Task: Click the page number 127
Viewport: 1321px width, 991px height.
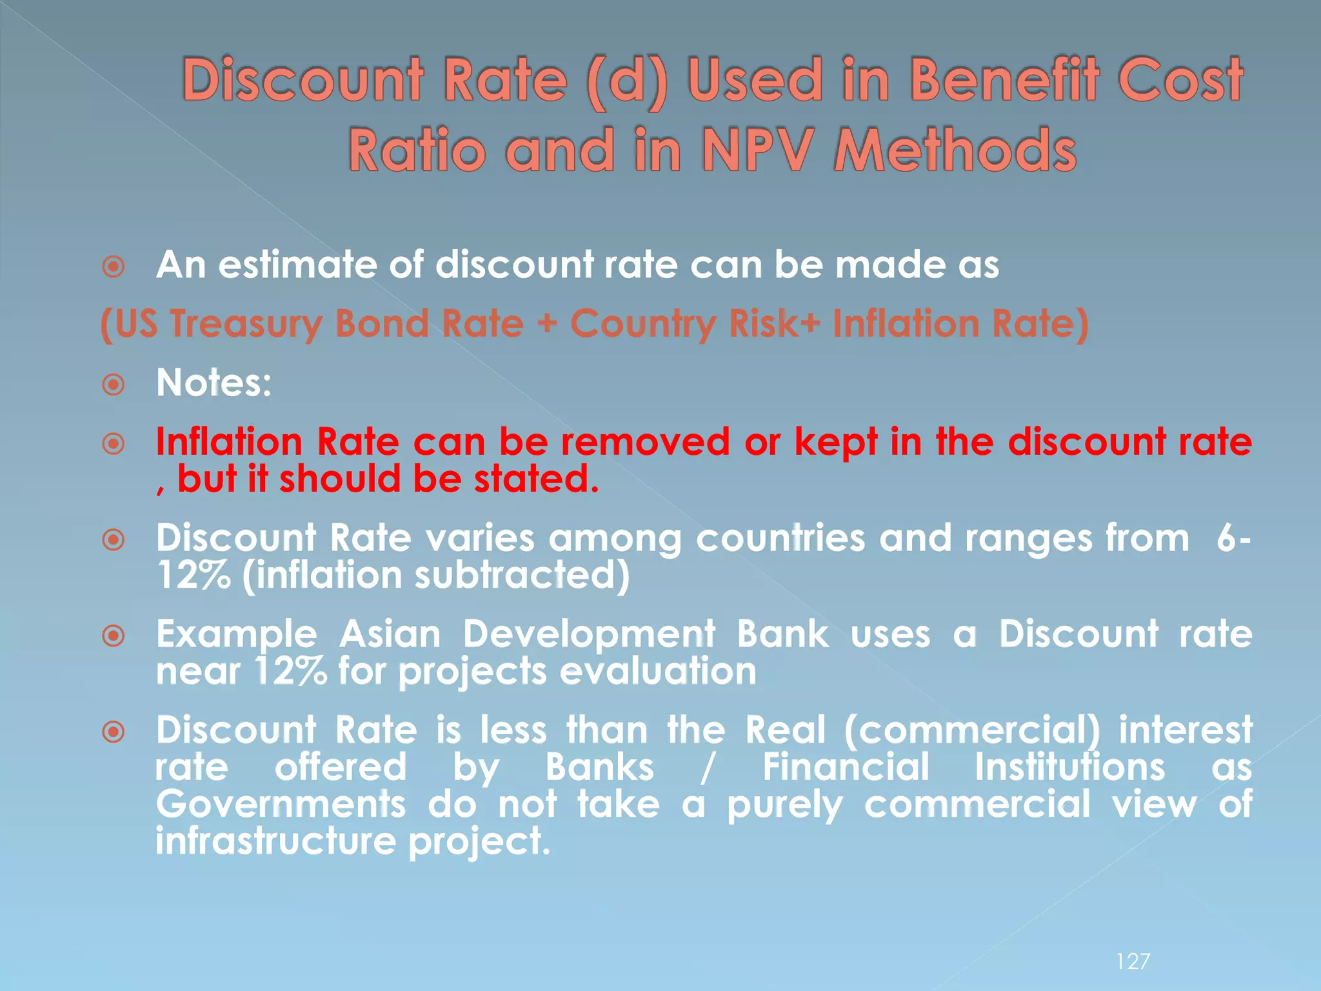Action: pos(1133,961)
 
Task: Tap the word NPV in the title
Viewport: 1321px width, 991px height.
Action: pos(755,150)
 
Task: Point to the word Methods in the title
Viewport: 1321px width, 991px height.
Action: pos(955,150)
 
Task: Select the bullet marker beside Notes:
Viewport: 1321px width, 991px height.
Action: pos(114,385)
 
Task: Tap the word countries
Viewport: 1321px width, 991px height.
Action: pos(780,538)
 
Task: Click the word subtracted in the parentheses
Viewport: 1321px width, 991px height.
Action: pos(521,576)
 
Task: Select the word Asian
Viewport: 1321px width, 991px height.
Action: pos(390,634)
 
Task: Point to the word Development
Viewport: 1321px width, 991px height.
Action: pos(589,634)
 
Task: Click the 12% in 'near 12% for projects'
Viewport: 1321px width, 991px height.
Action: pos(291,672)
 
